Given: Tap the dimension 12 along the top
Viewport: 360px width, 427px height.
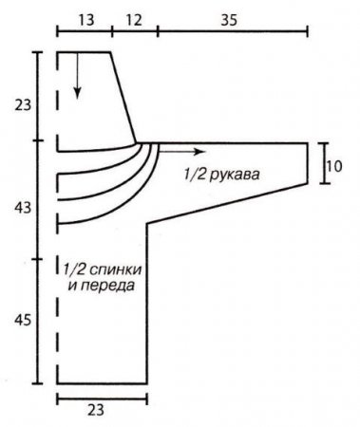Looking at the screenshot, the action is (133, 18).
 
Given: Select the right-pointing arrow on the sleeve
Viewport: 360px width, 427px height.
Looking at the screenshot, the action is (185, 152).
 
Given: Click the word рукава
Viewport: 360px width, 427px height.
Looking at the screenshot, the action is (233, 175).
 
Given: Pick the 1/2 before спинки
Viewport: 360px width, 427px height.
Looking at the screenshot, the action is (73, 267).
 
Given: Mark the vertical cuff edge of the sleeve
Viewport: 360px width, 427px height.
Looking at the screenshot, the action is (310, 162).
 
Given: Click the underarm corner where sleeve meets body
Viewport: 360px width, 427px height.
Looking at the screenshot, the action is (147, 224).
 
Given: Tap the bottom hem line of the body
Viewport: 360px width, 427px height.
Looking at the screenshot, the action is (102, 383).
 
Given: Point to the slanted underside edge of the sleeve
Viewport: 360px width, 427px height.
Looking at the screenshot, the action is (228, 203).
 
